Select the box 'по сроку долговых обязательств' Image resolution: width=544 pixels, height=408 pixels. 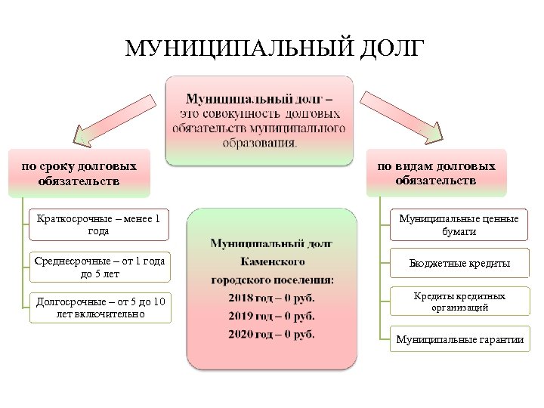[79, 173]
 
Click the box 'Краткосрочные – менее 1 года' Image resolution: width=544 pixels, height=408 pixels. [99, 225]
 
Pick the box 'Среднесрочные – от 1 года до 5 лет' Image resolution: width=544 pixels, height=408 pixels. [99, 267]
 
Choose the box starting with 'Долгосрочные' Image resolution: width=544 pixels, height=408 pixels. [99, 308]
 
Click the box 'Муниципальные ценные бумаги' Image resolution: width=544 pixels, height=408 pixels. [459, 225]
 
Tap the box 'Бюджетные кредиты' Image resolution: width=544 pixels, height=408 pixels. [459, 263]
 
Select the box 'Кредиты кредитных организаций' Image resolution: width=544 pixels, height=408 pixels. [459, 301]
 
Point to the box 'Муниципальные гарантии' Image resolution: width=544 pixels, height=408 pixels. [459, 339]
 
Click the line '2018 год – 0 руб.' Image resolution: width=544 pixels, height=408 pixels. [271, 298]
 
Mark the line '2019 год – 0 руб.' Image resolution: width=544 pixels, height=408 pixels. [271, 316]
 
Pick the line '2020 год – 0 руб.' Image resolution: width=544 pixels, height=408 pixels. [271, 334]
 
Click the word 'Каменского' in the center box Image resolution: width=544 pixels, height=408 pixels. [271, 261]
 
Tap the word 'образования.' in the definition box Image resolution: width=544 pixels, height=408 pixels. [260, 141]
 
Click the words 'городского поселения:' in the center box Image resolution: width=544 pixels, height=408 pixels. [271, 280]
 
